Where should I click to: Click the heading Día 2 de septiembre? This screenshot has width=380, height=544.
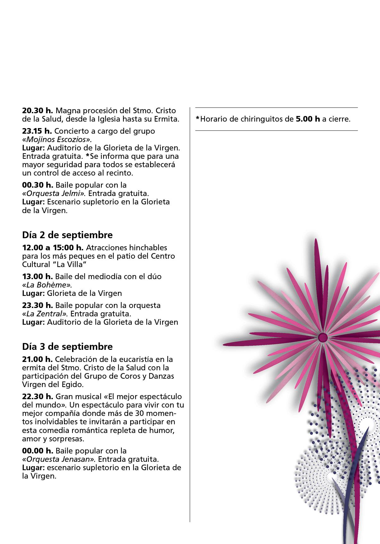[x=67, y=235]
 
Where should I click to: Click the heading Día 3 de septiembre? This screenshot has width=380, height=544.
[x=67, y=347]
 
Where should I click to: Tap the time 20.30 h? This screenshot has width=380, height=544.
[x=37, y=111]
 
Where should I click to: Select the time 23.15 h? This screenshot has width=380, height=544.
[x=37, y=131]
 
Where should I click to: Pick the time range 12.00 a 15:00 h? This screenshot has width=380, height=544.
[x=53, y=248]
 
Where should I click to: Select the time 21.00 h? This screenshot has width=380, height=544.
[x=37, y=359]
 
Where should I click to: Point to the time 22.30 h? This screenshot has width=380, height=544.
[x=37, y=397]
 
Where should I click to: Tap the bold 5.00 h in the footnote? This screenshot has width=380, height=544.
[x=308, y=119]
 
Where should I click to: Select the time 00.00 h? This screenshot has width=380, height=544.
[x=38, y=451]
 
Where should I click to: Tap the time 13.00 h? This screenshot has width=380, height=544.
[x=37, y=276]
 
